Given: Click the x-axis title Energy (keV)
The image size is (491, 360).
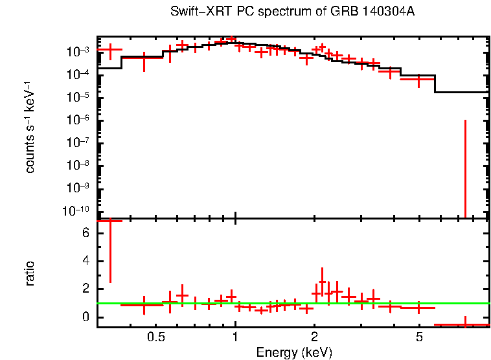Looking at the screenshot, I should (294, 352).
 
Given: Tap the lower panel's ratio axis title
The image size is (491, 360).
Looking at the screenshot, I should (30, 273).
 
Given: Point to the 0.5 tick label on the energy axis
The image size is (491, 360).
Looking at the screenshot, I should (155, 337).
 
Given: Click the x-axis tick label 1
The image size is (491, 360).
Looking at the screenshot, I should (235, 337).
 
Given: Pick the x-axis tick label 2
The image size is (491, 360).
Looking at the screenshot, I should (314, 337).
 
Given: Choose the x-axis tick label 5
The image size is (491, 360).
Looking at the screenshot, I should (419, 337).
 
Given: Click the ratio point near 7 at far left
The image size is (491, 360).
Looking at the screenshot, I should (109, 221).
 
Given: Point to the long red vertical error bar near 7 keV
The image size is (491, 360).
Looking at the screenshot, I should (465, 168).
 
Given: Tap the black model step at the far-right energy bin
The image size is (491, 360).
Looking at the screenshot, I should (461, 92).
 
